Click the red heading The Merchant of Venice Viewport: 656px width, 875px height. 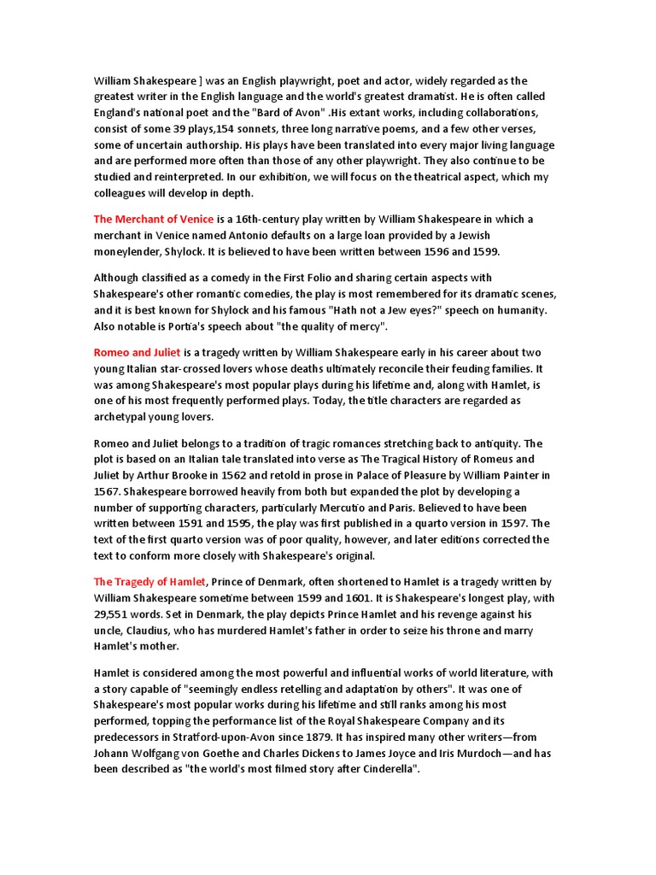pos(154,220)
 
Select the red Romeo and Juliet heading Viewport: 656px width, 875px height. pos(137,353)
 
